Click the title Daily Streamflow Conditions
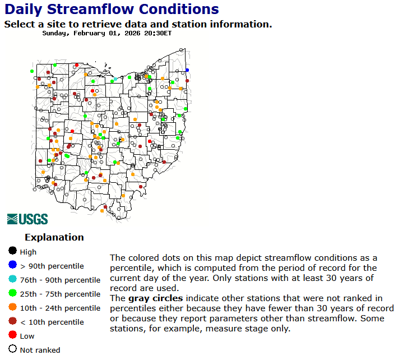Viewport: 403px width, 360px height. click(112, 9)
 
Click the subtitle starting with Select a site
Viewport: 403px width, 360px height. click(138, 24)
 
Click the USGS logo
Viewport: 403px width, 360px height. click(27, 219)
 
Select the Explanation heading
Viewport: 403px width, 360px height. click(54, 237)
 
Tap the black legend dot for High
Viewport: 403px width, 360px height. click(12, 252)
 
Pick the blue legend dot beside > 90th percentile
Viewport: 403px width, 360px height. click(12, 266)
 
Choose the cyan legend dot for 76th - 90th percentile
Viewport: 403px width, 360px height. click(12, 280)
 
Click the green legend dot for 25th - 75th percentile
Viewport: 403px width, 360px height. click(12, 294)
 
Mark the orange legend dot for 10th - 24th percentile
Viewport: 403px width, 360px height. click(12, 308)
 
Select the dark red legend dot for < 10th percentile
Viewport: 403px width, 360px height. click(12, 322)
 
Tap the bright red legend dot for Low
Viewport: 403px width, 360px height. click(12, 336)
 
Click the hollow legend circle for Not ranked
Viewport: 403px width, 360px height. click(12, 350)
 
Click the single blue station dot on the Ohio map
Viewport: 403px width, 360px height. click(187, 70)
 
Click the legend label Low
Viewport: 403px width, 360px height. click(27, 336)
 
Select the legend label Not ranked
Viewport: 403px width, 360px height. click(40, 350)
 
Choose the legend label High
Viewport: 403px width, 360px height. click(28, 252)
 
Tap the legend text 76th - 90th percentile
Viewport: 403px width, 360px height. click(60, 280)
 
